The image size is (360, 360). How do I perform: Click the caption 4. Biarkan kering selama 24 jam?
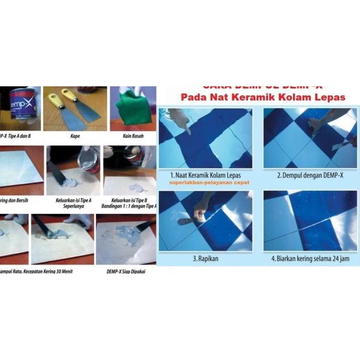pos(311,259)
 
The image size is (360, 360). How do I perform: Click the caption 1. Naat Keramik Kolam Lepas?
pos(206,175)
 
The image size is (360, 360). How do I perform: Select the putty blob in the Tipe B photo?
pos(135,188)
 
